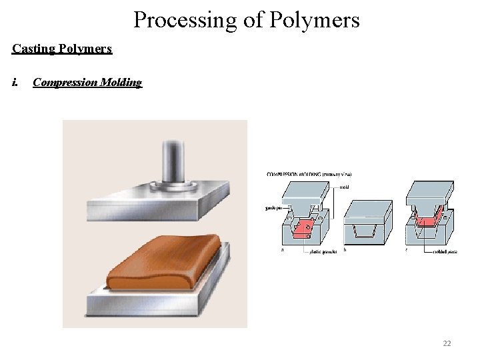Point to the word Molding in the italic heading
point(124,83)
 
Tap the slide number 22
point(447,343)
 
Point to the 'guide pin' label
point(272,207)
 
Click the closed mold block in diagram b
point(368,223)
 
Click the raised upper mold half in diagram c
point(429,197)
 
